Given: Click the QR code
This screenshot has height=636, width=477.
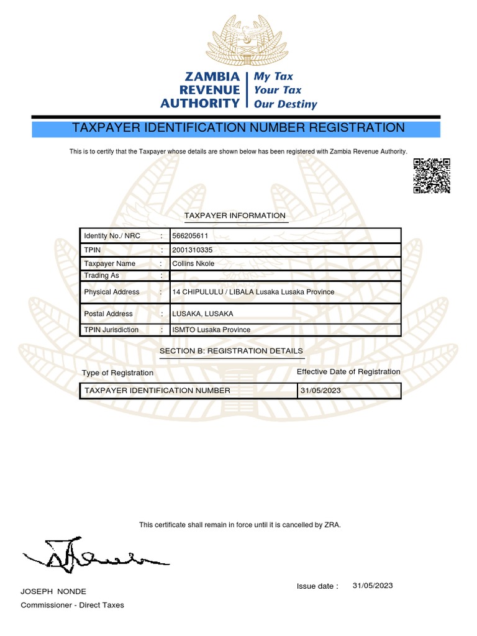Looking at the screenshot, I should click(432, 176).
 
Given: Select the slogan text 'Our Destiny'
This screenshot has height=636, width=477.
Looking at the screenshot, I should click(285, 104).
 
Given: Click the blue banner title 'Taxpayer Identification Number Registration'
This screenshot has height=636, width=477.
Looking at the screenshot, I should click(238, 128).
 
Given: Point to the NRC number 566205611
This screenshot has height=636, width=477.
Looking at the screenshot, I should click(189, 236).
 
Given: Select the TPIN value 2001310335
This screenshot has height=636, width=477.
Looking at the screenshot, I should click(192, 250).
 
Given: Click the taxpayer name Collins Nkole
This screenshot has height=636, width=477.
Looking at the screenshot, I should click(193, 263).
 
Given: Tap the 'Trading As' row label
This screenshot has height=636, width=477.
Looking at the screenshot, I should click(101, 275).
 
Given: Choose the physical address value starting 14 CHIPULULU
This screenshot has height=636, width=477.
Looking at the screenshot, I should click(253, 292).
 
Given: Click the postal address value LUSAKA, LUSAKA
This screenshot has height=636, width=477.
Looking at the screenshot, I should click(202, 314).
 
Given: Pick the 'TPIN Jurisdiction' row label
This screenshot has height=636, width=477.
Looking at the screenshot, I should click(111, 330).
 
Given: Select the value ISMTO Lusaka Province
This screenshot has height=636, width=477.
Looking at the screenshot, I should click(211, 330).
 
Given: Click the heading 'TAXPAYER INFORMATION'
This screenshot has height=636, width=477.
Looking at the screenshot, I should click(235, 216).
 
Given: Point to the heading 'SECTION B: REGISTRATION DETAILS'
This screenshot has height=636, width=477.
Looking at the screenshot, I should click(231, 351).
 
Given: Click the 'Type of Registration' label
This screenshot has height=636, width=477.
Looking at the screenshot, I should click(117, 373).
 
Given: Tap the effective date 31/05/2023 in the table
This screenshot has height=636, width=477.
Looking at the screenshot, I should click(320, 391).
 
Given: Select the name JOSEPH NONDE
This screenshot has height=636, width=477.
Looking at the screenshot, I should click(53, 591).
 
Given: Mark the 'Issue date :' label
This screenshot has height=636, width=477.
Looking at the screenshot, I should click(318, 586).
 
